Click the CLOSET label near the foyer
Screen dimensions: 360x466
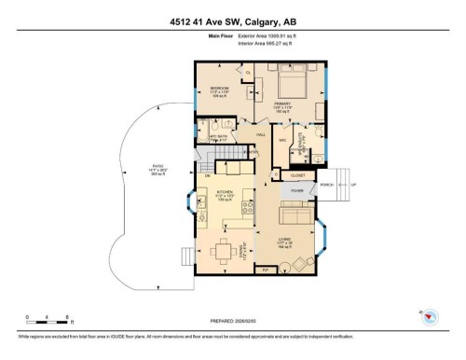click(297, 174)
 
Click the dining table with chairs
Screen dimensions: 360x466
click(224, 249)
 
